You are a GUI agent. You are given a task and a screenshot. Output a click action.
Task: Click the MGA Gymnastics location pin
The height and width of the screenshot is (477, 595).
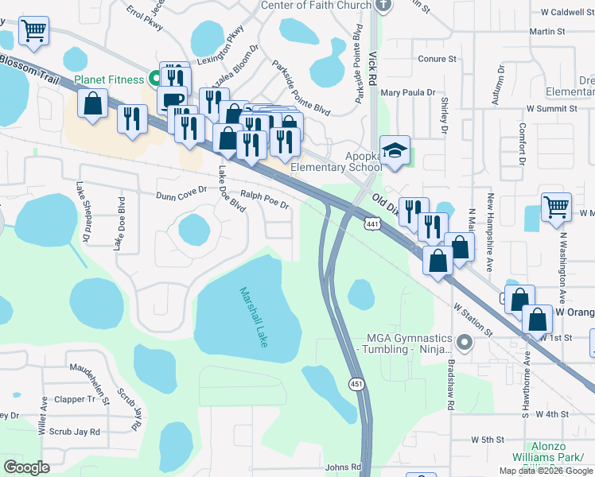465,343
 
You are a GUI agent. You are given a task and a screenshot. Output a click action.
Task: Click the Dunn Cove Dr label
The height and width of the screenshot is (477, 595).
181,192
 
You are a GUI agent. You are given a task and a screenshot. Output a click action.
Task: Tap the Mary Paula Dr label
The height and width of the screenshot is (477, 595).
408,93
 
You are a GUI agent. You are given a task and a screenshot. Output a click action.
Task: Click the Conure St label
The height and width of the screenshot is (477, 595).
437,59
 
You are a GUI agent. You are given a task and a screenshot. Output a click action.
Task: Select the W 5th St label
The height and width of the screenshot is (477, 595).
488,440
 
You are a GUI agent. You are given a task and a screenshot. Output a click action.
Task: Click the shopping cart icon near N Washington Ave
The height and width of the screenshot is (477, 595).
556,207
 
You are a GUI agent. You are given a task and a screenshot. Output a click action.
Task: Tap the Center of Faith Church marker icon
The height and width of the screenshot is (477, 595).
383,5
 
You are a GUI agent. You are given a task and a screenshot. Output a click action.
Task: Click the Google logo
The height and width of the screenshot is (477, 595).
26,467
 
